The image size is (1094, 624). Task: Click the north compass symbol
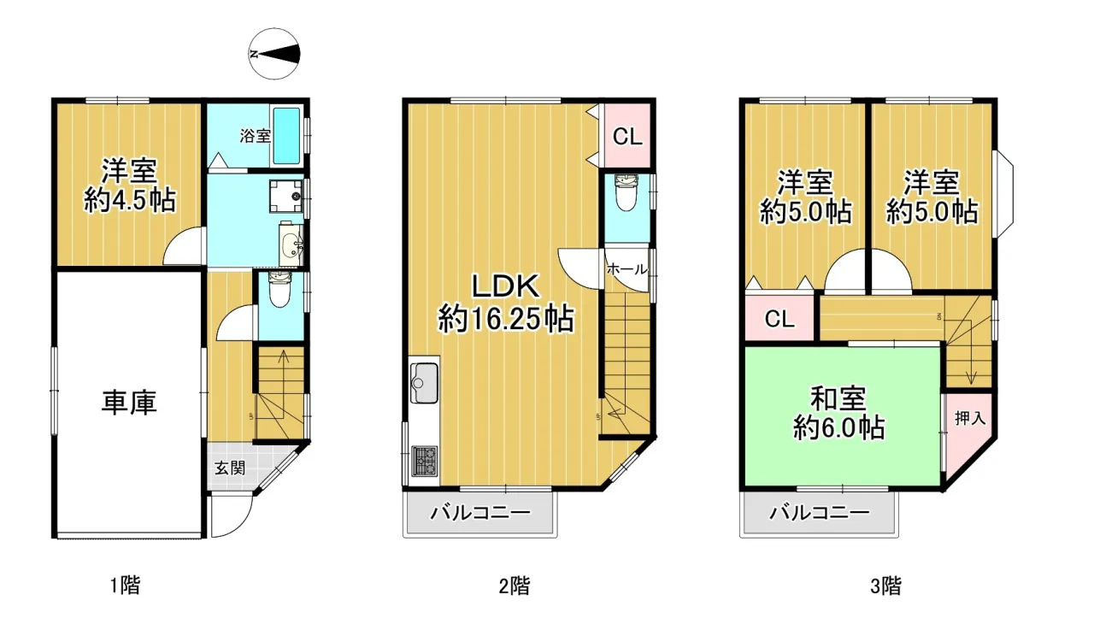coord(274,54)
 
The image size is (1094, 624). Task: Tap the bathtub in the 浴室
coord(286,136)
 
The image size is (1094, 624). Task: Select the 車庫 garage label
coord(129,403)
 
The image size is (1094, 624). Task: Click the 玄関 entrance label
coord(230,468)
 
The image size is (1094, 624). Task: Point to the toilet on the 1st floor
coord(279,290)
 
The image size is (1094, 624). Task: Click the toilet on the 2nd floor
coord(626,193)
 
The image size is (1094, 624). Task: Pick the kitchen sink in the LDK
coord(425,382)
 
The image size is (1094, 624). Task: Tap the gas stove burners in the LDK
coord(425,461)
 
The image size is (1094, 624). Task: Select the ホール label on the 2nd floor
coord(627,269)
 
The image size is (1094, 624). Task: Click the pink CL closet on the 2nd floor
coord(627,136)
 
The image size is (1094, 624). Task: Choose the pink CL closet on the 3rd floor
coord(779,318)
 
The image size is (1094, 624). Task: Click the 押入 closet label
coord(970,418)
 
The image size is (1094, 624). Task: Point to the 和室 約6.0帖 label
coord(838,413)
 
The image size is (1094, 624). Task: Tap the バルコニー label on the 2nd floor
coord(480,513)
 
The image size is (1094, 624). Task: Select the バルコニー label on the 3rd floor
coord(820,513)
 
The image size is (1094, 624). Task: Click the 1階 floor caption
coord(125,586)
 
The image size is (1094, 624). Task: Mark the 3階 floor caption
coord(885,586)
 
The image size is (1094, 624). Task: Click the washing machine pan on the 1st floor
coord(286,195)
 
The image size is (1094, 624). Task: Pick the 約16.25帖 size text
coord(505,318)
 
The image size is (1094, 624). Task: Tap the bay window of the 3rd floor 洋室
coord(1004,194)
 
